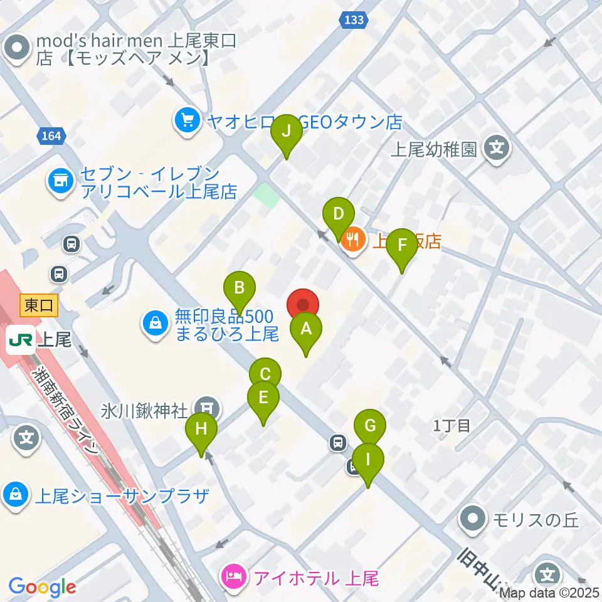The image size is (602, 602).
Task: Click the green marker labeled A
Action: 306,329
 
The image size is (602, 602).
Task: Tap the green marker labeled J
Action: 287,131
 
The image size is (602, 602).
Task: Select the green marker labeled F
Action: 402,246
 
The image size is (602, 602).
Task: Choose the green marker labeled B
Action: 240,288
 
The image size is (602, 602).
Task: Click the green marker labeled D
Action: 339,214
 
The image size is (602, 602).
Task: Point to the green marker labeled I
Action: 368,459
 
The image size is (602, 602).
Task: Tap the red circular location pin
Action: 304,305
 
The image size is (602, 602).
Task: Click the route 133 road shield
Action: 354,21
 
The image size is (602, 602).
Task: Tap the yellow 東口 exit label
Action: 40,305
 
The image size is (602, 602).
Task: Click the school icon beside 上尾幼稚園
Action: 497,149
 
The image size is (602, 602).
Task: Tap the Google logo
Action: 42,588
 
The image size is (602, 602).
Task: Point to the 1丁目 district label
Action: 451,426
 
